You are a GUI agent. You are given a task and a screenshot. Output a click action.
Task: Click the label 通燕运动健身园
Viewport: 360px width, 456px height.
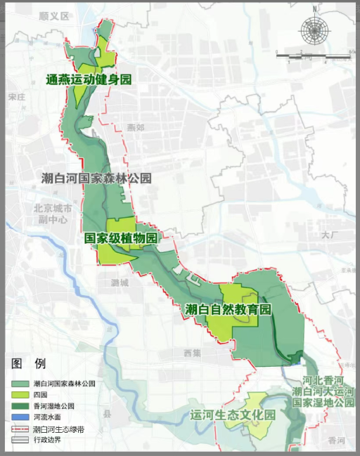click(x=89, y=79)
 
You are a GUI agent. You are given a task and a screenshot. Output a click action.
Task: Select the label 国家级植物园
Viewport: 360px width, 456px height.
click(x=121, y=237)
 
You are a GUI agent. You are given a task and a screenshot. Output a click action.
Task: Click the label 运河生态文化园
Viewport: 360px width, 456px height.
click(x=231, y=415)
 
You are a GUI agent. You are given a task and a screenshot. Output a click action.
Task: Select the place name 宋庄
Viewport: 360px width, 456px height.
click(x=18, y=98)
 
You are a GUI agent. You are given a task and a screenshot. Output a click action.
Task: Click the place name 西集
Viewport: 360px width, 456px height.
click(x=191, y=351)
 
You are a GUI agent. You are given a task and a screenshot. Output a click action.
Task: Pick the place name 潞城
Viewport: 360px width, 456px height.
click(x=120, y=282)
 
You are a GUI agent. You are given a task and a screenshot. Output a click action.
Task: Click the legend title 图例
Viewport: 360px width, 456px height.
click(x=29, y=363)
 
